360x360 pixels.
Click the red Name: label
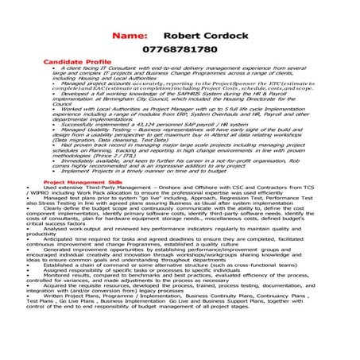click(130, 36)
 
